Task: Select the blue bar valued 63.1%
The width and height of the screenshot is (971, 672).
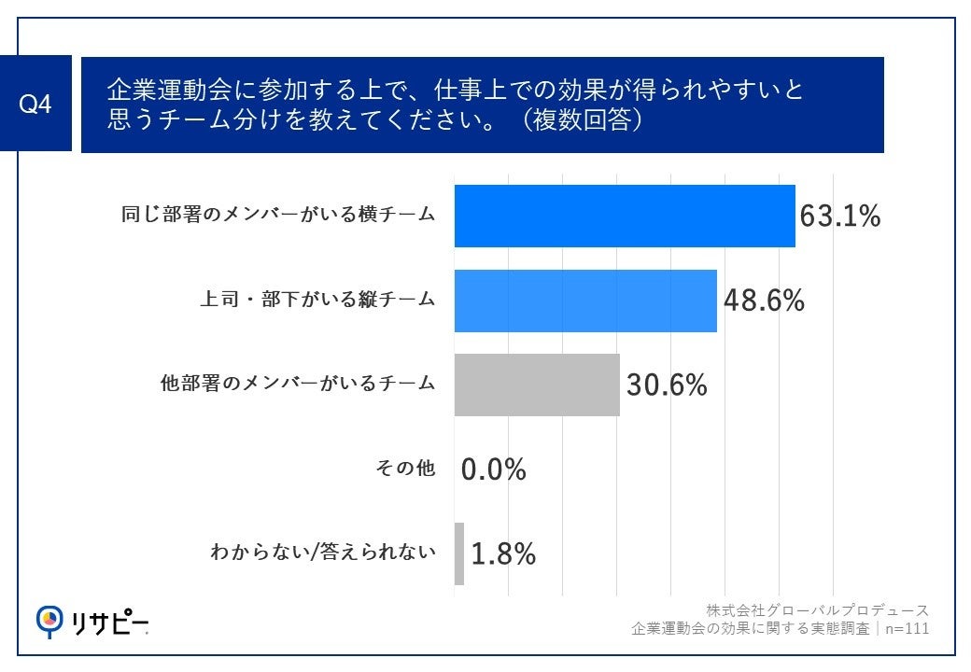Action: (624, 216)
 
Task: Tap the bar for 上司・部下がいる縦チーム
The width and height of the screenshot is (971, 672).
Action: (585, 301)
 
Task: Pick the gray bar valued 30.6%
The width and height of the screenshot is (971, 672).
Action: (537, 385)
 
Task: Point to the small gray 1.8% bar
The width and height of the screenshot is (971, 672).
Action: (459, 553)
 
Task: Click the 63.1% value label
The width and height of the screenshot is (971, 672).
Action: (840, 217)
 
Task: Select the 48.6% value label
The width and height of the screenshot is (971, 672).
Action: (764, 301)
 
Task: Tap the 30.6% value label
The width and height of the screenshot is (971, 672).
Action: (667, 385)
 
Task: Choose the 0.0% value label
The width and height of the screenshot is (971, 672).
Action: (494, 469)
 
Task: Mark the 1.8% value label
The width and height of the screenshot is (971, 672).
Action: (503, 554)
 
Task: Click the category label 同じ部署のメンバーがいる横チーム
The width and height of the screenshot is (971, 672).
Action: (278, 215)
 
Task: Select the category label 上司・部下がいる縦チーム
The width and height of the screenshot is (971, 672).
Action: (317, 300)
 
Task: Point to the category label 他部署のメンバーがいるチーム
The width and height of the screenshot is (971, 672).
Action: (298, 384)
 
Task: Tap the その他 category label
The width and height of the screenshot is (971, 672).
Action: (405, 469)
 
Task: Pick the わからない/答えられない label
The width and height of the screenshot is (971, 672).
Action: (323, 553)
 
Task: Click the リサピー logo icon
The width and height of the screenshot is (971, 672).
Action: (49, 620)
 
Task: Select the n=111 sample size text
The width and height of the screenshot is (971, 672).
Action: (906, 628)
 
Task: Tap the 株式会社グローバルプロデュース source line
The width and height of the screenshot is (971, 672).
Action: (817, 610)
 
